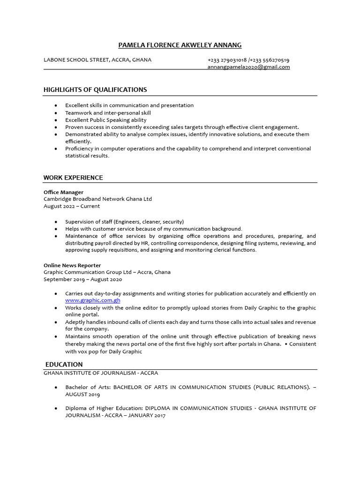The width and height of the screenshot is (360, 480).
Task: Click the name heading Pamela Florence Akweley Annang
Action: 180,45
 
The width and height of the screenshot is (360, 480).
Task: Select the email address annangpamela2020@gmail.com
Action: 248,67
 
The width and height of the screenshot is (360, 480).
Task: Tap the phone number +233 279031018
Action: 227,60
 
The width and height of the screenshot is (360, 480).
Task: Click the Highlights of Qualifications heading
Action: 95,90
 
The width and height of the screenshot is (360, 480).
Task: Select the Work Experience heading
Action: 73,178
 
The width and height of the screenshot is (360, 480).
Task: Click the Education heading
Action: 64,364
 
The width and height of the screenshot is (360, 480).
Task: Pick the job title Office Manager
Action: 63,192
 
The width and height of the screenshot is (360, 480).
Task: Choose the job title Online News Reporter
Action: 72,265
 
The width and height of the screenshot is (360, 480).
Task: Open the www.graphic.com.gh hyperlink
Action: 93,300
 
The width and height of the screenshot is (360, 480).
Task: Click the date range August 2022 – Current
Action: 72,206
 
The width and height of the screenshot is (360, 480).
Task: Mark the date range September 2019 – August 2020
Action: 82,279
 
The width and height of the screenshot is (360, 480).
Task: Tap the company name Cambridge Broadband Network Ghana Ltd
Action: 97,199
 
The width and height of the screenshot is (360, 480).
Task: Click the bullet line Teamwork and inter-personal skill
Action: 108,113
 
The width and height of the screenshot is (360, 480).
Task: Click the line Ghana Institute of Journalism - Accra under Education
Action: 101,373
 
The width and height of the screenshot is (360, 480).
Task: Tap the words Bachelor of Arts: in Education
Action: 88,387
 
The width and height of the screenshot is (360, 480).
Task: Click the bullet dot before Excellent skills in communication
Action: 56,105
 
